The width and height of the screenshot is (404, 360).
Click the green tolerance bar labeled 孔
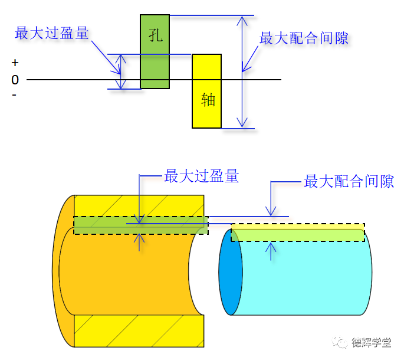155,65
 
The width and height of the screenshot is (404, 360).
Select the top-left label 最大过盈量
52,33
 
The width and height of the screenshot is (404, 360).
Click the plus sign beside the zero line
15,63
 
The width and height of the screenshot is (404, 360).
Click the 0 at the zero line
15,80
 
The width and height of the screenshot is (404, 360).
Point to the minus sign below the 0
14,94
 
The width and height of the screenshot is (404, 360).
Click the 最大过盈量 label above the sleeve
201,176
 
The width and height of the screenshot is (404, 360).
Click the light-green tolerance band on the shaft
298,235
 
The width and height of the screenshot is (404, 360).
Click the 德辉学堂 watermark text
372,342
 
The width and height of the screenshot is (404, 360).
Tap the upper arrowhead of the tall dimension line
241,20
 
